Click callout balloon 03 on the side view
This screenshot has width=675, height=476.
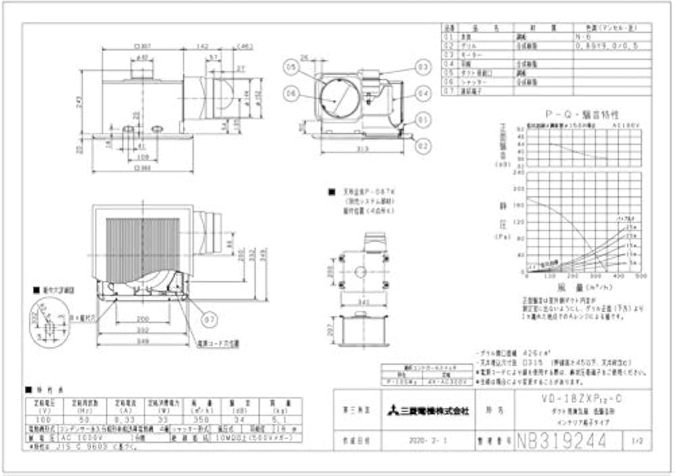coord(423,67)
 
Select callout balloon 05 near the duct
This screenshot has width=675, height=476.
coord(291,67)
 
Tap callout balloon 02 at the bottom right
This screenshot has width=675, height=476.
coord(423,144)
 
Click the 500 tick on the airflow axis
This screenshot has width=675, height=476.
coord(641,276)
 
